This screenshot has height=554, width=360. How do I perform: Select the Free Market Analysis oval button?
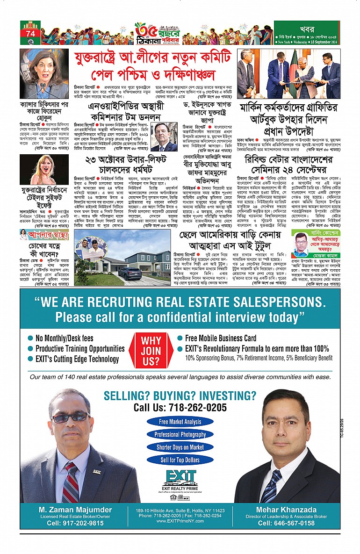[180, 422]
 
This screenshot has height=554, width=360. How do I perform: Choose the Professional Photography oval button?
[180, 435]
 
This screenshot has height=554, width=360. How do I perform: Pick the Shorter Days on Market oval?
[180, 447]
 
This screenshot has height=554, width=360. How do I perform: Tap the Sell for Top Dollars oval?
[180, 460]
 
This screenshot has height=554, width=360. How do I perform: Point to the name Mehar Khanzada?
[287, 510]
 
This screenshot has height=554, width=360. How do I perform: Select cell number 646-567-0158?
[287, 523]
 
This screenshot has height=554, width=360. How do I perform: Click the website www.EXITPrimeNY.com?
[180, 520]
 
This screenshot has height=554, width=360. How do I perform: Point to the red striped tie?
[71, 480]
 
